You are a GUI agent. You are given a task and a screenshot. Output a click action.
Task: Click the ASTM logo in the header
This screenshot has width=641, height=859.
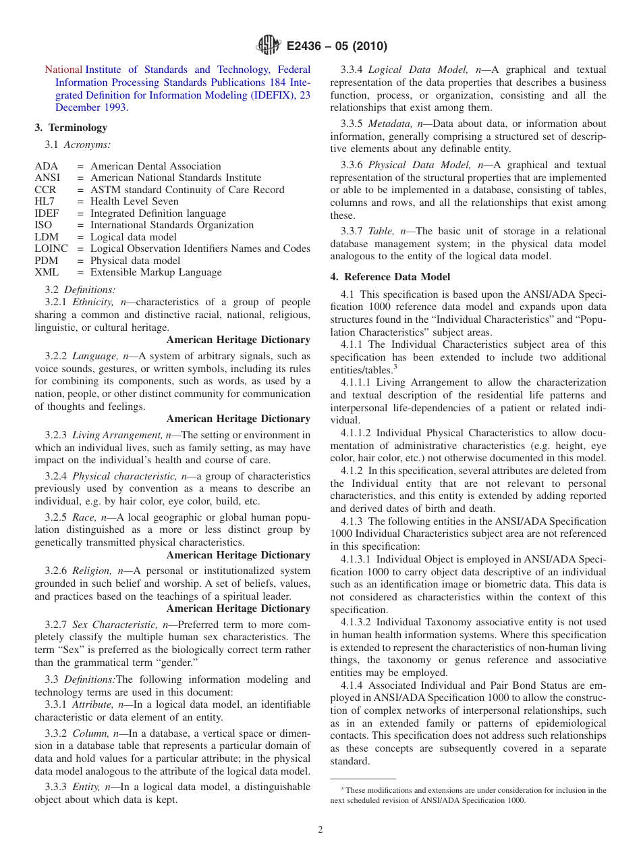pyautogui.click(x=269, y=46)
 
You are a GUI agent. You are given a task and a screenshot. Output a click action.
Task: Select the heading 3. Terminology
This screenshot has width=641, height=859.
pyautogui.click(x=71, y=128)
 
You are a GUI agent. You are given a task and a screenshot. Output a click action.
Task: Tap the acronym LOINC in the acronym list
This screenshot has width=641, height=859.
pyautogui.click(x=51, y=249)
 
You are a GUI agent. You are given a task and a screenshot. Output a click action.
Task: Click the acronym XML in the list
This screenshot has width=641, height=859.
pyautogui.click(x=47, y=272)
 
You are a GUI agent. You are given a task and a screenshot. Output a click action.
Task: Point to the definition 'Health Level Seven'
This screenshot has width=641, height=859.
pyautogui.click(x=134, y=201)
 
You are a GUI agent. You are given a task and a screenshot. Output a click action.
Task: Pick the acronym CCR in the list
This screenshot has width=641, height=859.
pyautogui.click(x=46, y=190)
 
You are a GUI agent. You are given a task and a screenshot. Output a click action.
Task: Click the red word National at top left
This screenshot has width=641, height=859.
pyautogui.click(x=63, y=70)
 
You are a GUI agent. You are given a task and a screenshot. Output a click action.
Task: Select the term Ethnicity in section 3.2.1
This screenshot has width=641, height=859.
pyautogui.click(x=94, y=302)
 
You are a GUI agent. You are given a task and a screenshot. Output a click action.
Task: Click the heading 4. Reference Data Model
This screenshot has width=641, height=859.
pyautogui.click(x=390, y=277)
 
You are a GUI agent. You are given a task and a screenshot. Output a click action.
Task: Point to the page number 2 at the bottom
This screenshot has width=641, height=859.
pyautogui.click(x=320, y=830)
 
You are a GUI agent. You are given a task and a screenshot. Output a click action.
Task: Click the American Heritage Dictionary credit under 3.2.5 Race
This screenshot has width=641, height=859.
pyautogui.click(x=238, y=555)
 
